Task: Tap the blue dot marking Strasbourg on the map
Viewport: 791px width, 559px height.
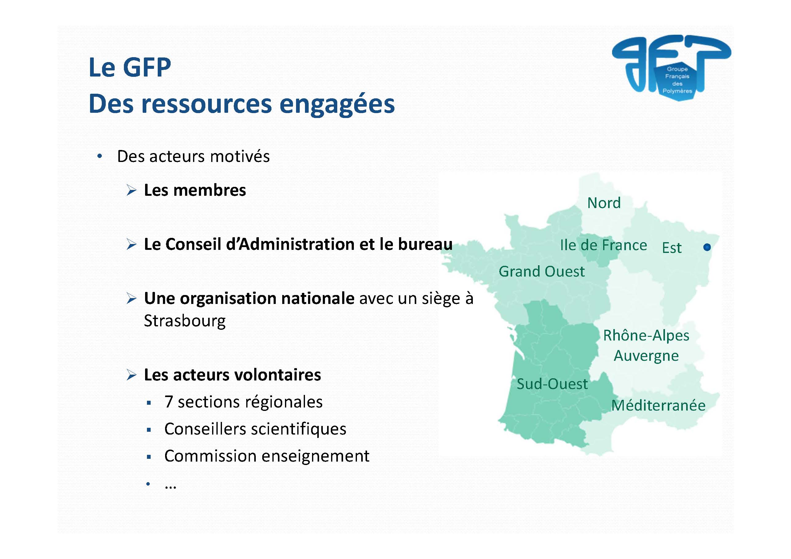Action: [x=707, y=247]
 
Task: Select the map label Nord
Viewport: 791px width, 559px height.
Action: [x=604, y=203]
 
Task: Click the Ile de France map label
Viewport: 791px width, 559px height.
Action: [x=603, y=245]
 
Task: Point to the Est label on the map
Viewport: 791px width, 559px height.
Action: [x=672, y=248]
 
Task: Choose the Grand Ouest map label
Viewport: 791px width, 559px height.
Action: [x=542, y=271]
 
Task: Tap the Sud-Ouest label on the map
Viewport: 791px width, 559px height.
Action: [x=552, y=384]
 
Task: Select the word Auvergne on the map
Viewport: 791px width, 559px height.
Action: [x=646, y=356]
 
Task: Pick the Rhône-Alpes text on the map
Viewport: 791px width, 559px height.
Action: [x=646, y=335]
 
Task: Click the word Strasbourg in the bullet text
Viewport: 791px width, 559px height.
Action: [x=185, y=321]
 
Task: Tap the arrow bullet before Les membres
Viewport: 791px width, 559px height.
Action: [x=132, y=190]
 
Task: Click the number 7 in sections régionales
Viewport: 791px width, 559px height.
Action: [x=168, y=402]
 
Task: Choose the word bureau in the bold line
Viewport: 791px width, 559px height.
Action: [x=425, y=244]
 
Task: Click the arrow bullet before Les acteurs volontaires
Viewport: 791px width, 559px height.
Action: [x=132, y=375]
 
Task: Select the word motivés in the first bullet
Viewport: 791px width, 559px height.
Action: [x=240, y=156]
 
